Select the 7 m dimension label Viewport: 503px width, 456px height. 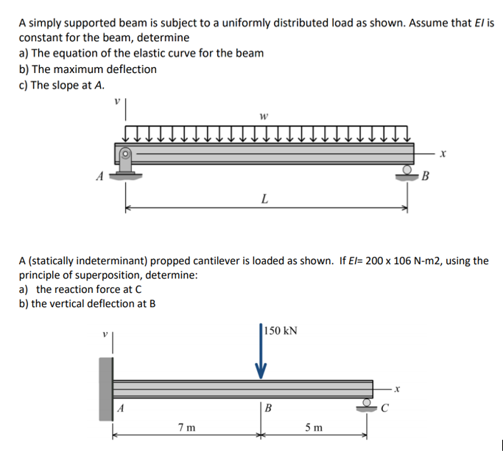click(186, 426)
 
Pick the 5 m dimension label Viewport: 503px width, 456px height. click(312, 426)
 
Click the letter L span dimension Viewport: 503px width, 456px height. click(264, 198)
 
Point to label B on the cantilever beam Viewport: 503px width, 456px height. click(268, 407)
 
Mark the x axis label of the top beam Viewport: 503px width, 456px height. click(443, 153)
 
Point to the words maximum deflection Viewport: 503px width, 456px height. click(110, 69)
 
